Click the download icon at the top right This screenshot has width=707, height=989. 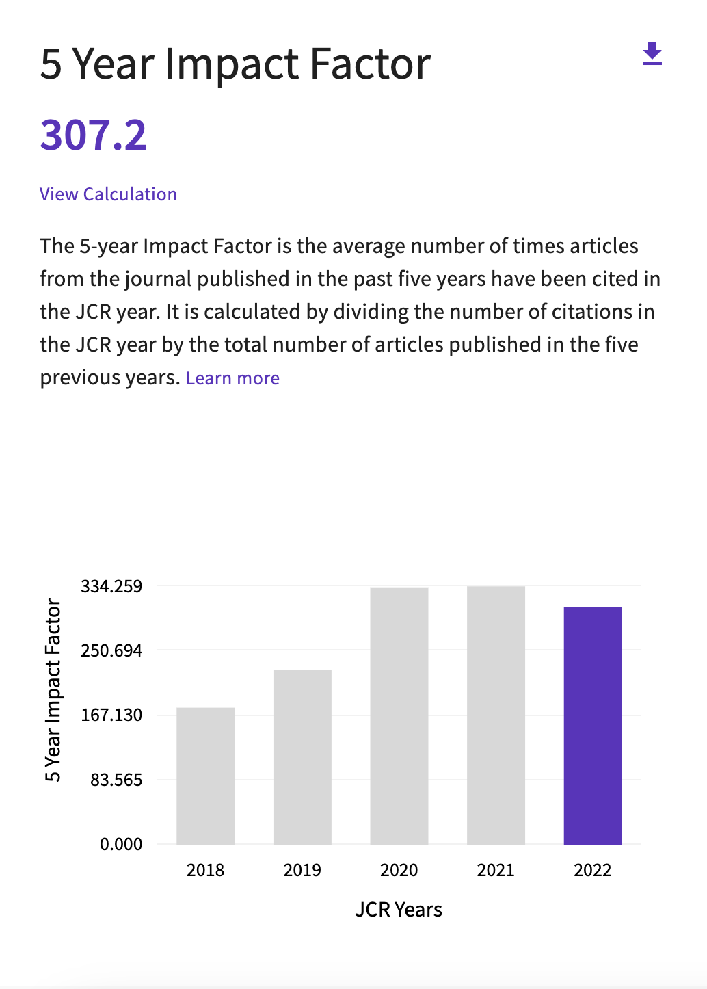pyautogui.click(x=652, y=53)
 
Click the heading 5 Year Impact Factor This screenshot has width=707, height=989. pyautogui.click(x=235, y=64)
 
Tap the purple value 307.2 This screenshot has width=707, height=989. pyautogui.click(x=93, y=135)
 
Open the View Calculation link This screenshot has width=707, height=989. pyautogui.click(x=108, y=194)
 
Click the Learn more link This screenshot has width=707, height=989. pyautogui.click(x=232, y=378)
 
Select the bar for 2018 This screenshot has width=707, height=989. pyautogui.click(x=205, y=776)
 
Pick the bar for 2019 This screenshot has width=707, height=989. pyautogui.click(x=302, y=757)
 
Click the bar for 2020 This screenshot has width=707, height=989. pyautogui.click(x=399, y=715)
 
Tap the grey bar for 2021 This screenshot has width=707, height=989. pyautogui.click(x=496, y=715)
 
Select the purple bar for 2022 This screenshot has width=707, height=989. pyautogui.click(x=593, y=726)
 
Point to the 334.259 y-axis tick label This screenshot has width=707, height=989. pyautogui.click(x=111, y=586)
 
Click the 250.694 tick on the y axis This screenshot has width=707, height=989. pyautogui.click(x=111, y=650)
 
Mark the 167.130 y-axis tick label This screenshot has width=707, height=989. pyautogui.click(x=111, y=715)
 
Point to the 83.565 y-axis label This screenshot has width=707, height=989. pyautogui.click(x=116, y=780)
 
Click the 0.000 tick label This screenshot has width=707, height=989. pyautogui.click(x=121, y=845)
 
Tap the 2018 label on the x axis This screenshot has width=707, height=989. pyautogui.click(x=205, y=870)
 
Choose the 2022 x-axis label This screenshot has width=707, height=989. pyautogui.click(x=593, y=870)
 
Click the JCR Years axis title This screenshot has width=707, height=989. pyautogui.click(x=399, y=910)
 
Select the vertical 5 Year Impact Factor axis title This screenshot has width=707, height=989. pyautogui.click(x=53, y=690)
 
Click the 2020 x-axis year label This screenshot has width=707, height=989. pyautogui.click(x=399, y=870)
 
